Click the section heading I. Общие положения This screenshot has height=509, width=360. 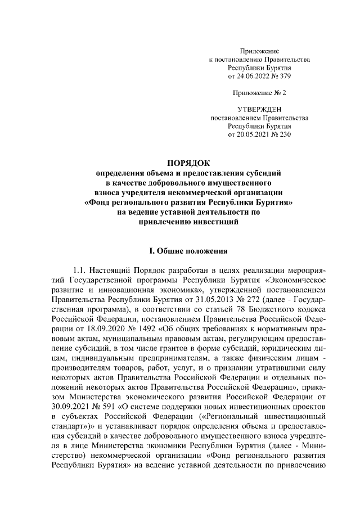pos(188,250)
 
